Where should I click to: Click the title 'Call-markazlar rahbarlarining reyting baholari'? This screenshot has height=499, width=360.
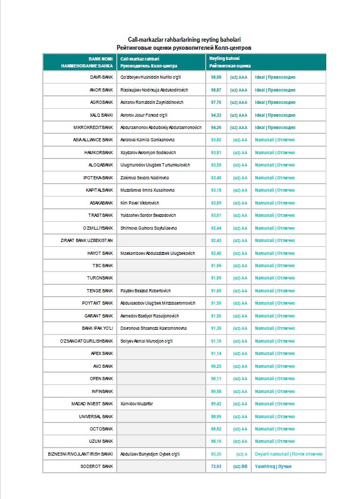[x=184, y=40]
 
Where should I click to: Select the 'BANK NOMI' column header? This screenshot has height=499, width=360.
[x=101, y=58]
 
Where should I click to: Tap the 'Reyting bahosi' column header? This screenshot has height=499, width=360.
[x=225, y=58]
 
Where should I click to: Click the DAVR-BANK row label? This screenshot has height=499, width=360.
[x=101, y=77]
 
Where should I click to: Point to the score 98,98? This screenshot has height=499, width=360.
[x=216, y=77]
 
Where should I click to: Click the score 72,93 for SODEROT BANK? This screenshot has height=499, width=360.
[x=216, y=466]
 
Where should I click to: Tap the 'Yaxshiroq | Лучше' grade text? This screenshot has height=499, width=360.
[x=273, y=466]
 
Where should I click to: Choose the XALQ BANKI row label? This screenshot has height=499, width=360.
[x=101, y=115]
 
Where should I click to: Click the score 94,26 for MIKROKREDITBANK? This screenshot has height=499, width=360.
[x=216, y=127]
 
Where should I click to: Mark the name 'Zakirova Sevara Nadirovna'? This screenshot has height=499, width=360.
[x=144, y=178]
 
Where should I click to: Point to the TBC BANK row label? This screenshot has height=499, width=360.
[x=103, y=266]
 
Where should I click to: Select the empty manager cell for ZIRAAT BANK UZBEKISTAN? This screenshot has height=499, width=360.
[x=161, y=240]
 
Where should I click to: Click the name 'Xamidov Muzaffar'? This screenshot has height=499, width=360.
[x=137, y=404]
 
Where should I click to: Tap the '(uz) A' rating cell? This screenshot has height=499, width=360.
[x=241, y=454]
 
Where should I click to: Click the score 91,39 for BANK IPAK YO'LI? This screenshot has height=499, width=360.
[x=216, y=328]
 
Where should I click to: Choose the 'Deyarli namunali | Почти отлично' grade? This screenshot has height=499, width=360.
[x=289, y=454]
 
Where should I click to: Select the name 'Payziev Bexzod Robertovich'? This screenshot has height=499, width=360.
[x=146, y=291]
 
